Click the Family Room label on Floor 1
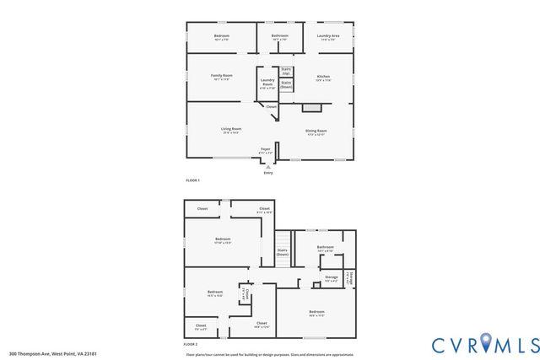click(222, 77)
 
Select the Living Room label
click(231, 130)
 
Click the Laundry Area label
click(328, 36)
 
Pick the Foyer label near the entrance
click(265, 150)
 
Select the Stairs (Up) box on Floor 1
click(286, 73)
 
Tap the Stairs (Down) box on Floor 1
click(286, 85)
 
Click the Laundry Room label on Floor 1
click(267, 84)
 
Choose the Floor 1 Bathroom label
click(279, 36)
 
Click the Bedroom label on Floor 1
click(221, 36)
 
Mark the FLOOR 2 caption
click(191, 345)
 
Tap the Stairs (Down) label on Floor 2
click(283, 251)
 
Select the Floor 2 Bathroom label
click(325, 249)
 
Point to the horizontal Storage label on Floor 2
click(331, 277)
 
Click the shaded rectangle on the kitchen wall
click(312, 108)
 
